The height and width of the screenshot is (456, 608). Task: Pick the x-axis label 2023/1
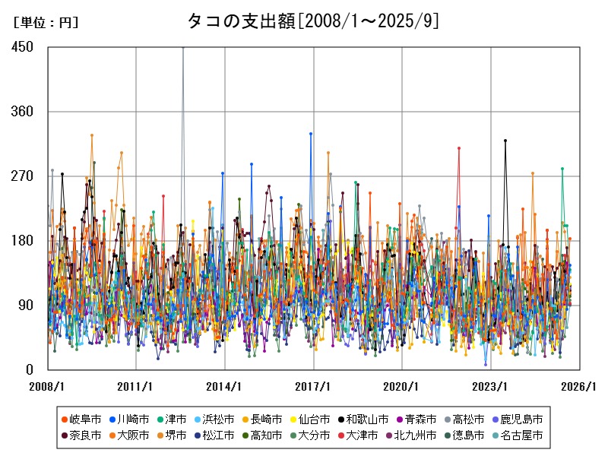tap(491, 386)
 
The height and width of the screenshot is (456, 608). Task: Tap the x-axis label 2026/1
tap(580, 386)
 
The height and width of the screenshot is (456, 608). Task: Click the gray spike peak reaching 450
tap(182, 48)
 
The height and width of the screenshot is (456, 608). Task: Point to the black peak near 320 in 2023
tap(505, 141)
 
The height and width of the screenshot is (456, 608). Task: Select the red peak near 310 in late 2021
tap(459, 148)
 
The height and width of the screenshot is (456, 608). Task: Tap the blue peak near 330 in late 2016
tap(311, 134)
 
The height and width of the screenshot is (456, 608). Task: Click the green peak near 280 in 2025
tap(562, 169)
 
